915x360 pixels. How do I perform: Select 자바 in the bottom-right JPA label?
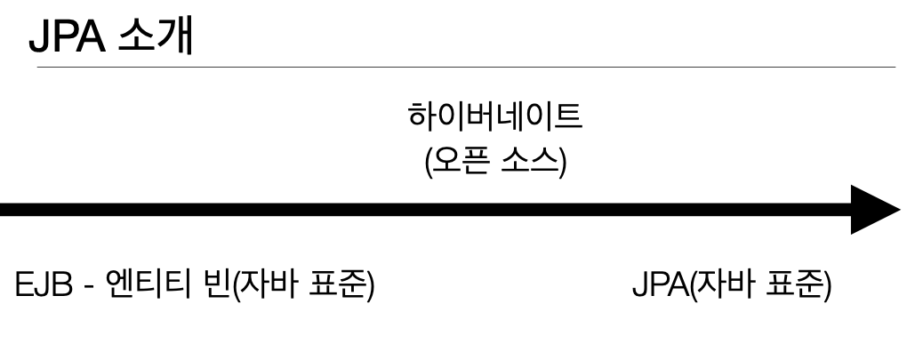718,289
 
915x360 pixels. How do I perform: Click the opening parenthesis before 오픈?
430,163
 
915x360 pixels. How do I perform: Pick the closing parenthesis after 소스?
561,163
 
